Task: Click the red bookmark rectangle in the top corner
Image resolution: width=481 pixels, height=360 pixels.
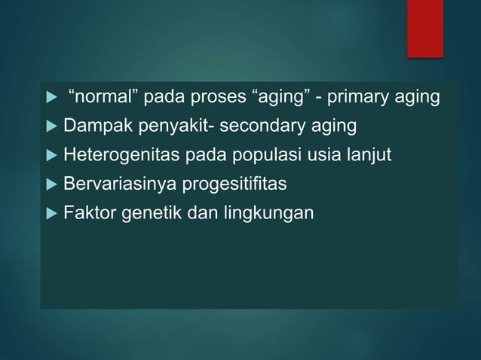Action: (x=426, y=27)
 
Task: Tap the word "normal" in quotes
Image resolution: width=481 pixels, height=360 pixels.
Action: (x=98, y=97)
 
